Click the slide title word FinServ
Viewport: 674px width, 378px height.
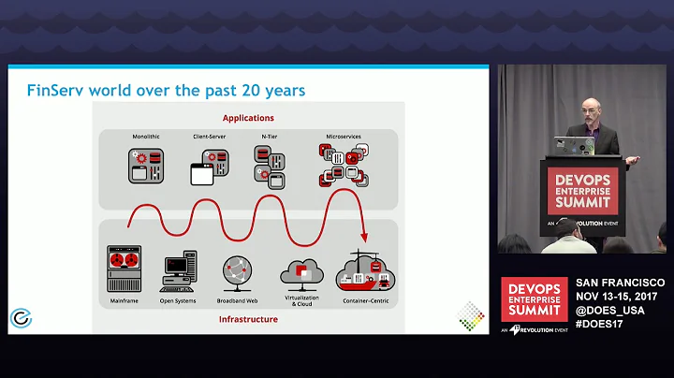51,91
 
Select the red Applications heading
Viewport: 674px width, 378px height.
247,118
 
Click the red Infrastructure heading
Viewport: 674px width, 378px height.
247,318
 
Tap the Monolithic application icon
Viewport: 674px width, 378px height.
146,165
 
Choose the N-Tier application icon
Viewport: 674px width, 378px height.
271,165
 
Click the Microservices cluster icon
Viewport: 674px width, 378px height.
343,165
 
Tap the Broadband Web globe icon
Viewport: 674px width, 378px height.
238,270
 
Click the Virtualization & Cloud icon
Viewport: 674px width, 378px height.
301,270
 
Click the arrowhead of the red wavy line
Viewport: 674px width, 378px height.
364,238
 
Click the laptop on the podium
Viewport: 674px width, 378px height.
574,146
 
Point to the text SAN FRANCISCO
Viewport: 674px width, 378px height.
619,283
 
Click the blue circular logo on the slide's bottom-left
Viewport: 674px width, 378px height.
20,318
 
